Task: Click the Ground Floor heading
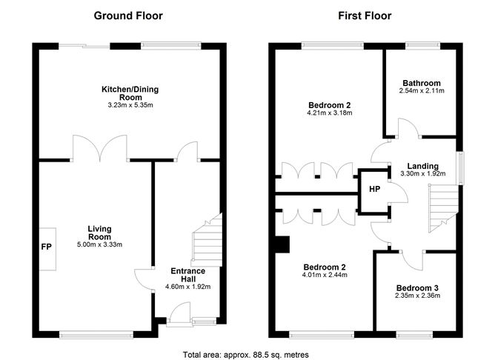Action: coord(128,16)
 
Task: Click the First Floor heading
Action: coord(365,16)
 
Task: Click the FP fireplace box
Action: coord(47,247)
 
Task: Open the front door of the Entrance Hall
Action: coord(179,317)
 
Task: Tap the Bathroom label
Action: coord(422,83)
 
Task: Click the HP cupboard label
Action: coord(375,189)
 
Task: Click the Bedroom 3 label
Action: coord(417,287)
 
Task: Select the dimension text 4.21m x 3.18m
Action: coord(330,113)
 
